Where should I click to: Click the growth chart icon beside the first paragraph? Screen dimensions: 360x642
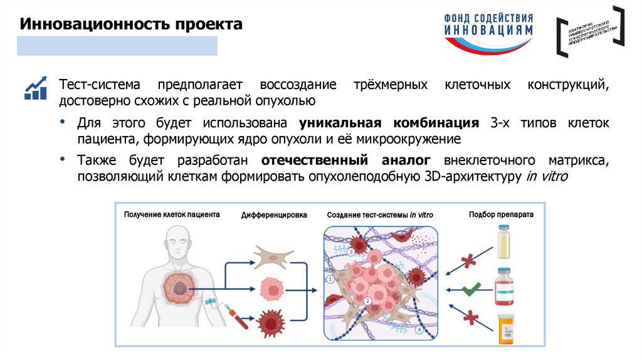click(x=36, y=88)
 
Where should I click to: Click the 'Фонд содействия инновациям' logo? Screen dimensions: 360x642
click(x=489, y=32)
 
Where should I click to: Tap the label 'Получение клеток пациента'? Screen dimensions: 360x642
click(x=172, y=214)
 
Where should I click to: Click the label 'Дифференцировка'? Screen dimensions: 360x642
click(x=274, y=215)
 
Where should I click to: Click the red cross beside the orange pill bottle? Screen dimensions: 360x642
click(x=468, y=319)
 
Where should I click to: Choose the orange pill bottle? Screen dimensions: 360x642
click(x=505, y=328)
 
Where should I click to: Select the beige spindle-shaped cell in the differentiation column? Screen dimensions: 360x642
click(x=274, y=257)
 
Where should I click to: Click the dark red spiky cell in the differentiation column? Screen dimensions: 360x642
click(x=274, y=319)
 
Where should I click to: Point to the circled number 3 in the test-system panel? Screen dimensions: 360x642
click(x=351, y=252)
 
